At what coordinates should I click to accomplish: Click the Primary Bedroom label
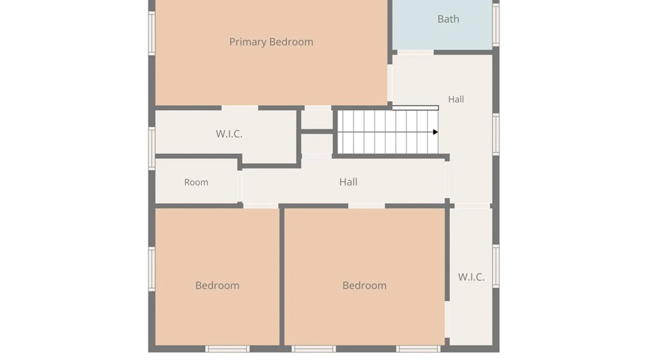pos(271,42)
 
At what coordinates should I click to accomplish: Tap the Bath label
pos(448,19)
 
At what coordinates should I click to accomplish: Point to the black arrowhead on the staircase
pos(435,132)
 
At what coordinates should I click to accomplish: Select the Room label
pos(196,182)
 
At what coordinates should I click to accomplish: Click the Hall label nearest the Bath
pos(456,99)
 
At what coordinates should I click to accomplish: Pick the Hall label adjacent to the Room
pos(348,182)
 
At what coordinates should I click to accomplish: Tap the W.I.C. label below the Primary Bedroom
pos(229,134)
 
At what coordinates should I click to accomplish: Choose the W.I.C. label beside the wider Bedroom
pos(471,277)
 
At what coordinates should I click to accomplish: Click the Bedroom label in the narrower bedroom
pos(217,285)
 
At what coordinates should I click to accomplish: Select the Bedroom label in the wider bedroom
pos(364,285)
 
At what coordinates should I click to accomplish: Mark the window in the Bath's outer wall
pos(496,24)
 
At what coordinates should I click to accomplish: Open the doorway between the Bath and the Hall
pos(415,53)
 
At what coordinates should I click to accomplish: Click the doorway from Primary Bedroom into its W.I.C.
pos(240,108)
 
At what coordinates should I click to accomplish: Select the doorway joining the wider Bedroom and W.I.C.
pos(447,320)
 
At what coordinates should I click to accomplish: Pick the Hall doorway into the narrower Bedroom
pos(261,206)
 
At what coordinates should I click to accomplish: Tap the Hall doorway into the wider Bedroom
pos(367,206)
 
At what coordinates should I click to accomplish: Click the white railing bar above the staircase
pos(415,108)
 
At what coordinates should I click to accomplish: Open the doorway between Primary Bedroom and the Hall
pos(390,83)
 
